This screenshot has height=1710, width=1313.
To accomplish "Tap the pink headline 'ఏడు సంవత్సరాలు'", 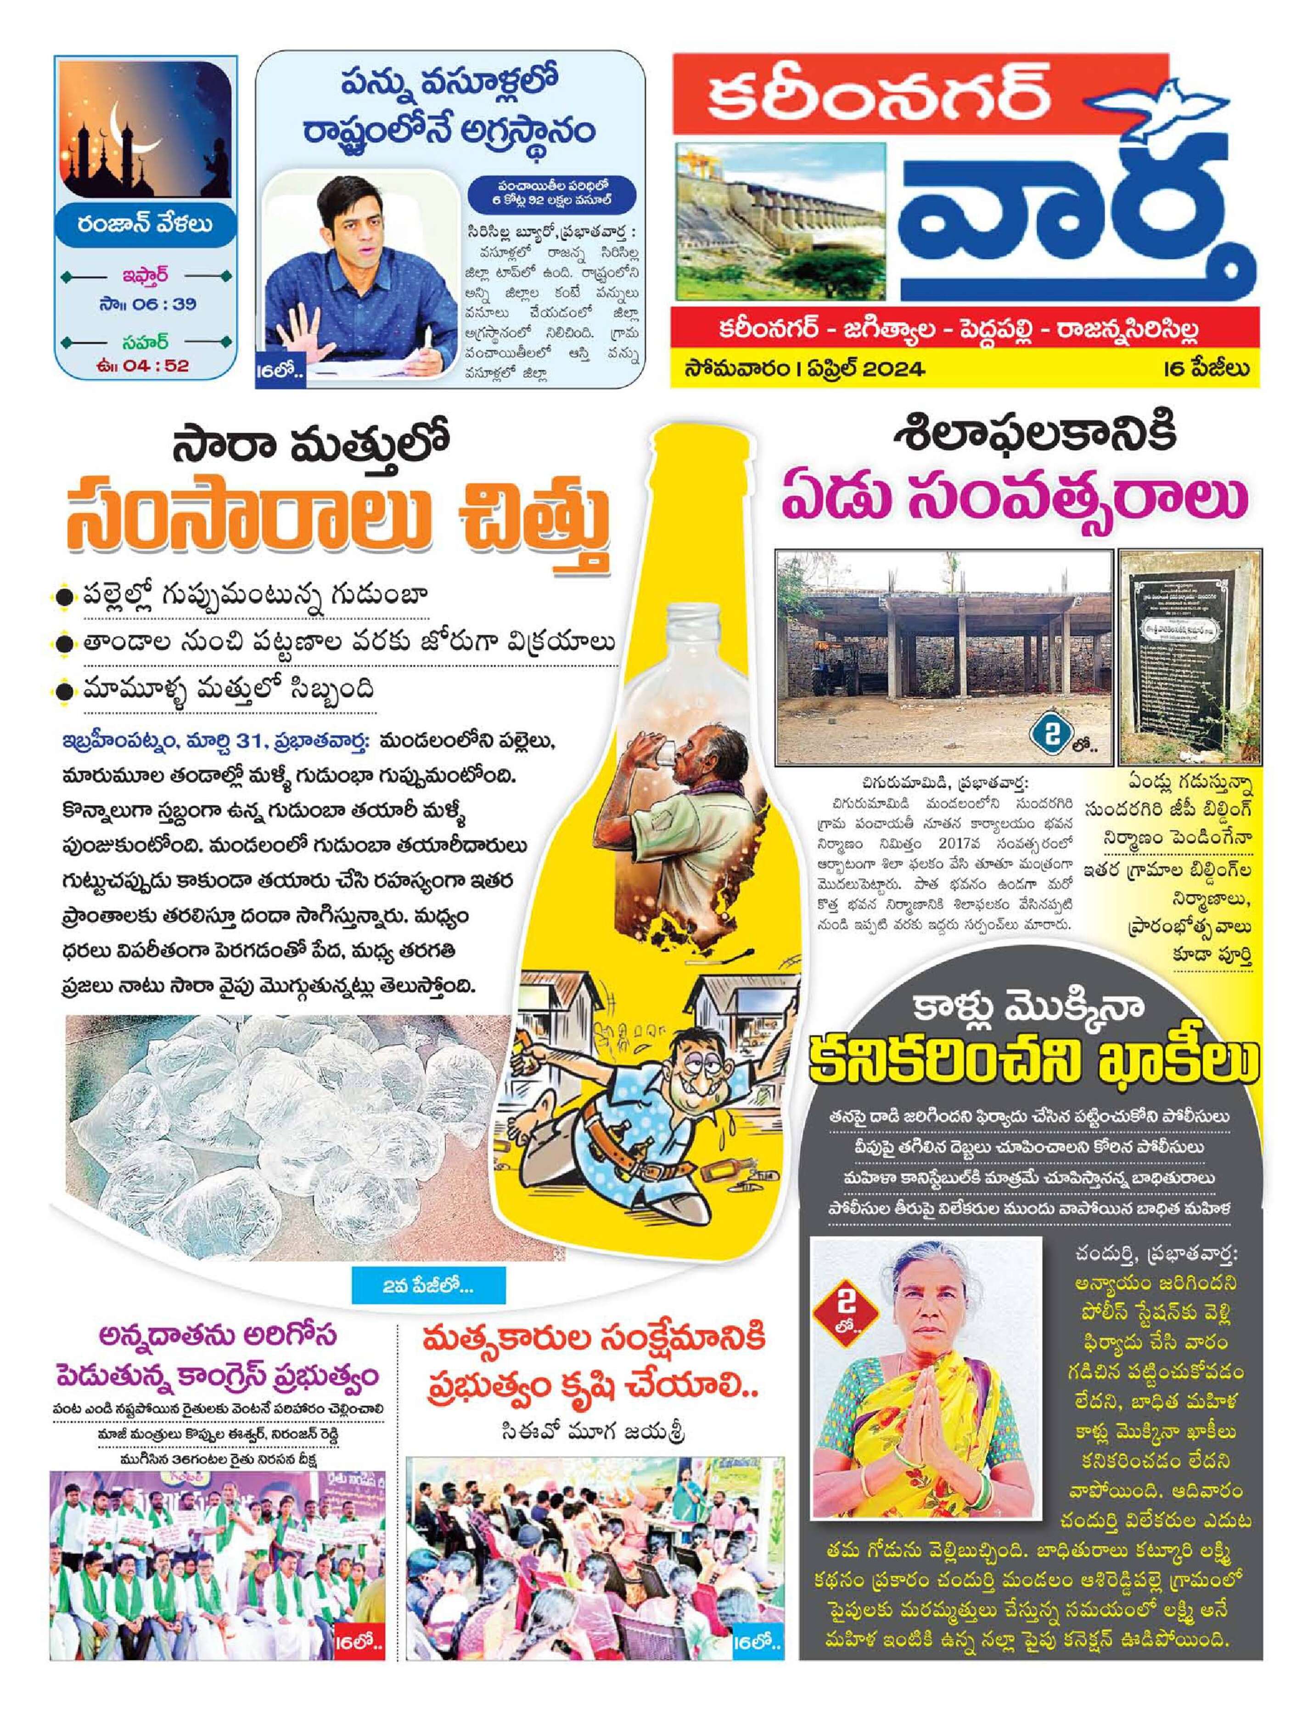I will click(1015, 498).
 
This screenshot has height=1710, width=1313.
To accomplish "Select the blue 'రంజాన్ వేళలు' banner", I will click(146, 225).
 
